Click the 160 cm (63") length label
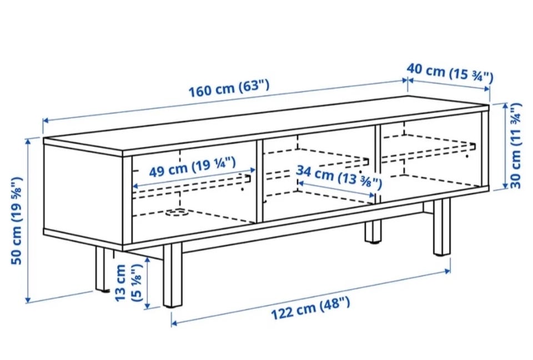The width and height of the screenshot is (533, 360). (229, 88)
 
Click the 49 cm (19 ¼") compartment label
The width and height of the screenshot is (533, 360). (193, 166)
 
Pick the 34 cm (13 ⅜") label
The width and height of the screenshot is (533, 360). (339, 177)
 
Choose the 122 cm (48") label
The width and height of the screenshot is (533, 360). (310, 308)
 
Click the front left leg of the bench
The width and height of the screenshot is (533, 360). (172, 275)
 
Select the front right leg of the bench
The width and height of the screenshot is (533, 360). (442, 227)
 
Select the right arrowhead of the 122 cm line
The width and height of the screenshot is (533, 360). (447, 271)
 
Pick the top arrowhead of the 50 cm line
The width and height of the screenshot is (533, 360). (28, 141)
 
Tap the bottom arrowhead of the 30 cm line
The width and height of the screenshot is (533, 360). (505, 185)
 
